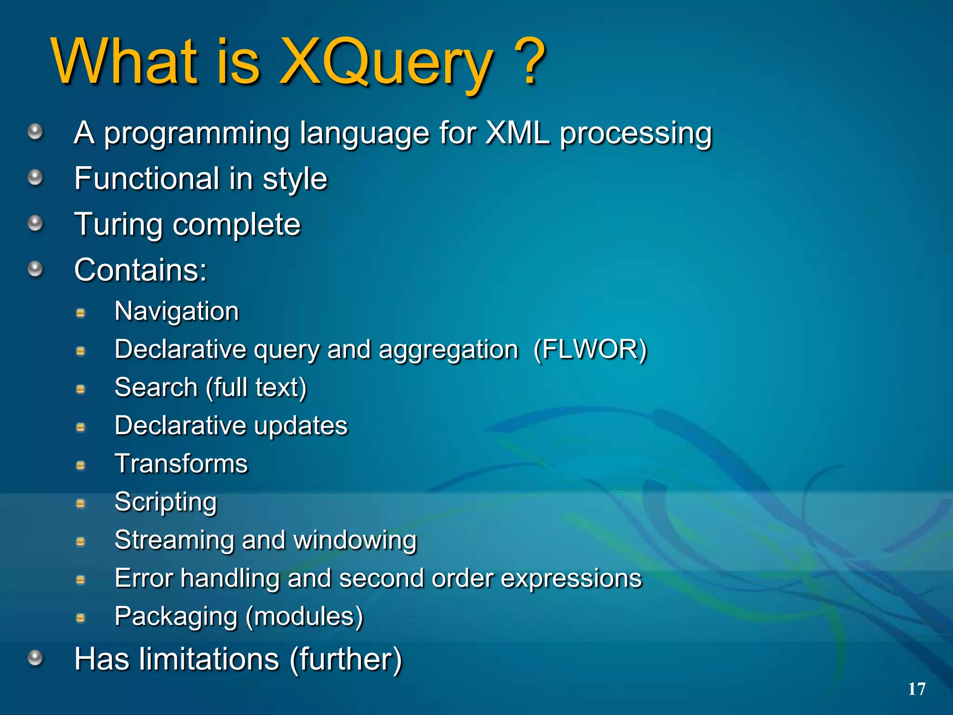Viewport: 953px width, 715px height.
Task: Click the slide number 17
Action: click(916, 689)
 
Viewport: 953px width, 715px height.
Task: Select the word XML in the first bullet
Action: click(517, 133)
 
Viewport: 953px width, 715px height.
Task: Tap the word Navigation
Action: click(177, 311)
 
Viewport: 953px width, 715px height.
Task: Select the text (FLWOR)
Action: click(590, 349)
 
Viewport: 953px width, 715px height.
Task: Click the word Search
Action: click(156, 387)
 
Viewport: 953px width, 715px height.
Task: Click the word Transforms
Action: click(181, 464)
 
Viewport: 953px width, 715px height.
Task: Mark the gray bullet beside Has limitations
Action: click(35, 658)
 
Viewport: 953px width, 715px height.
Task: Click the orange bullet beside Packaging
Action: click(81, 618)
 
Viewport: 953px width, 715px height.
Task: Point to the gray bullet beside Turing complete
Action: click(35, 223)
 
